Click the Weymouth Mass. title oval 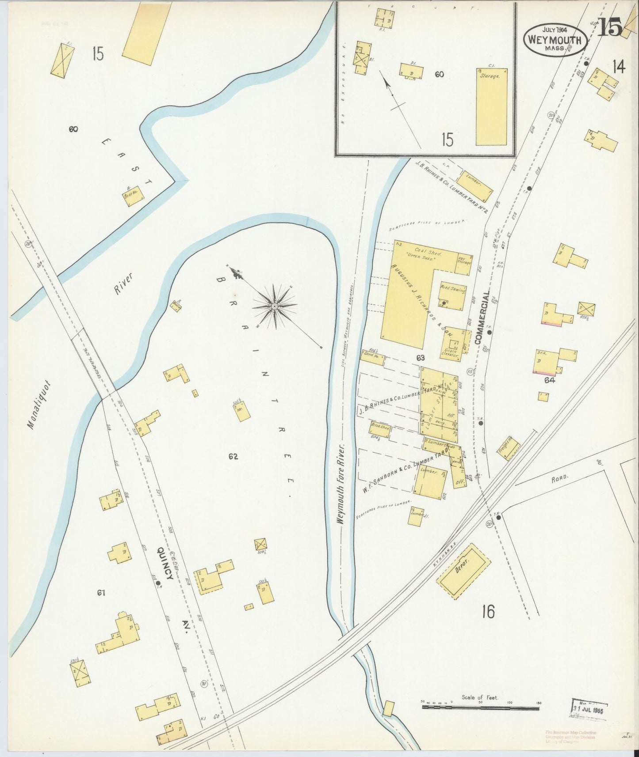coord(556,39)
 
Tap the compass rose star coord(274,306)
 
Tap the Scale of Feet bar coord(480,708)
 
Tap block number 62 coord(233,456)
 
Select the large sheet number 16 coord(488,612)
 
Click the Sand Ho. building coord(373,356)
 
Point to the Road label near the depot coord(559,478)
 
